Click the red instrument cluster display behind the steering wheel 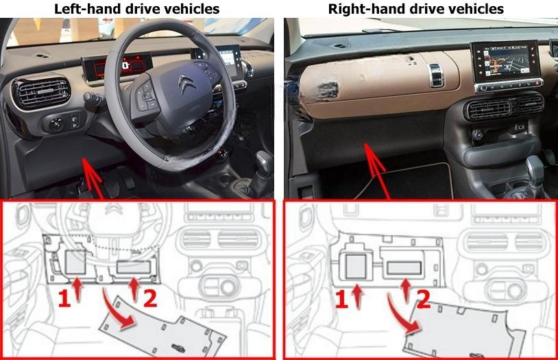[x=117, y=66]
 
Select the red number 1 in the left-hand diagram [x=64, y=299]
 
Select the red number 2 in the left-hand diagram [x=150, y=298]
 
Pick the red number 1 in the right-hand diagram [x=341, y=300]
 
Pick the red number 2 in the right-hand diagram [x=423, y=300]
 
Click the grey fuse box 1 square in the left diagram [x=76, y=262]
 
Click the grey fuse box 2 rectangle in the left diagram [x=134, y=267]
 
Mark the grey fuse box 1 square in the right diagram [x=356, y=266]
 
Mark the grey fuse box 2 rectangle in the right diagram [x=404, y=268]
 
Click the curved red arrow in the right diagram [x=400, y=313]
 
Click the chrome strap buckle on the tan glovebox [x=436, y=75]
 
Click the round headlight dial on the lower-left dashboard [x=57, y=124]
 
